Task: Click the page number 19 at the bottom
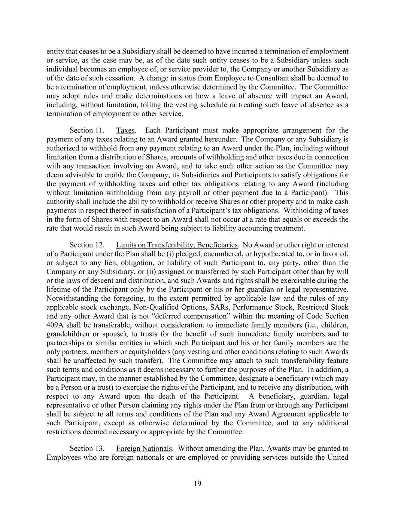pyautogui.click(x=197, y=484)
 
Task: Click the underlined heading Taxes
pyautogui.click(x=125, y=130)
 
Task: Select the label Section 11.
pyautogui.click(x=86, y=130)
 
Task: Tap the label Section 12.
pyautogui.click(x=86, y=245)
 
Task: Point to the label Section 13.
pyautogui.click(x=86, y=448)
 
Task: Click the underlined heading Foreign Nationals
pyautogui.click(x=144, y=448)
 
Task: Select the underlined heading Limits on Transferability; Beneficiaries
pyautogui.click(x=177, y=245)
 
